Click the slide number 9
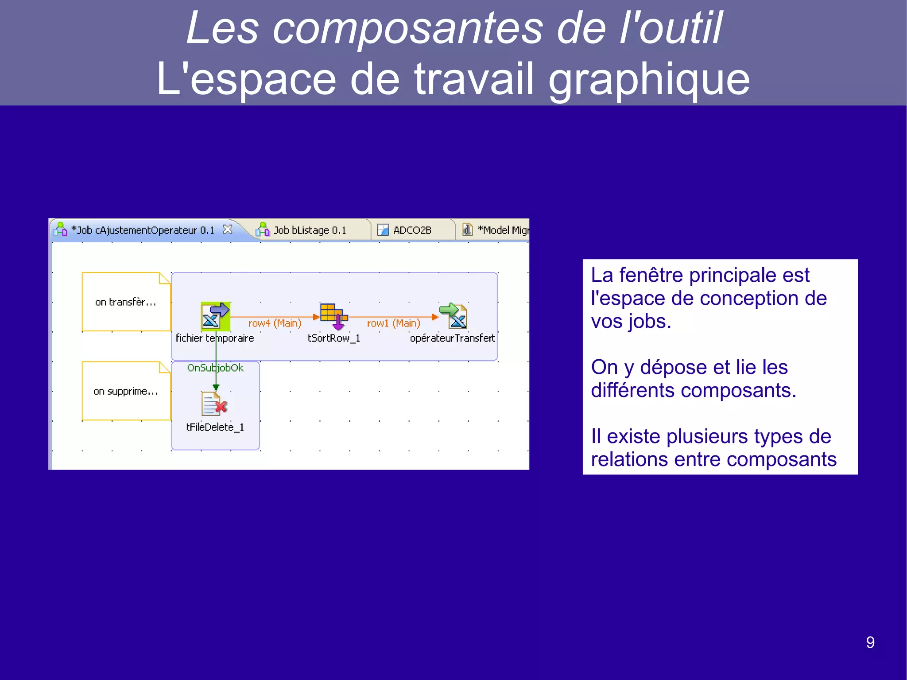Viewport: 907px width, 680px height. [870, 642]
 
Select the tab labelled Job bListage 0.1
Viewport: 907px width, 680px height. [310, 230]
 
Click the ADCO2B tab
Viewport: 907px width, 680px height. [412, 230]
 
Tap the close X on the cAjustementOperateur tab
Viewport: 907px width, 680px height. [227, 229]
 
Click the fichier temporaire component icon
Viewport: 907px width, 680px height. [215, 316]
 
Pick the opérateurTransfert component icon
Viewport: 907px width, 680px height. [453, 315]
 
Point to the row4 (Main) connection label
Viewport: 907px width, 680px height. [275, 323]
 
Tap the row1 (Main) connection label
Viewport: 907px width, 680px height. [393, 323]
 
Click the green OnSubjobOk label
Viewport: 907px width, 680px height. [215, 368]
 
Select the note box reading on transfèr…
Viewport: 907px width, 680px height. [126, 302]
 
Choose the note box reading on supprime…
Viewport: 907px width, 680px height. [126, 391]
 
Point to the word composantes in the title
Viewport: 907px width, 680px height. [407, 28]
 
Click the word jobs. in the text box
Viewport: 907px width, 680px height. [651, 322]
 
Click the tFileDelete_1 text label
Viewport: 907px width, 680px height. [215, 427]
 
